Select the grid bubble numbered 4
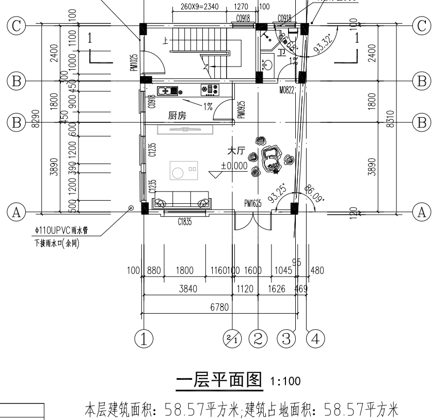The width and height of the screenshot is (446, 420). [x=315, y=339]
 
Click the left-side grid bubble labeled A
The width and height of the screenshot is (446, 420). [x=17, y=211]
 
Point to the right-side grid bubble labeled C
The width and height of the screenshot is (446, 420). [x=422, y=26]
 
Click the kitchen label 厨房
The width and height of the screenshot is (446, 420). [x=178, y=117]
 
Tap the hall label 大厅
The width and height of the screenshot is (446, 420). [x=238, y=151]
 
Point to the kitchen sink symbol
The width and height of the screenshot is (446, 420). [x=167, y=91]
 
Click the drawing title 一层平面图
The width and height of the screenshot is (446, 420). [x=220, y=381]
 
